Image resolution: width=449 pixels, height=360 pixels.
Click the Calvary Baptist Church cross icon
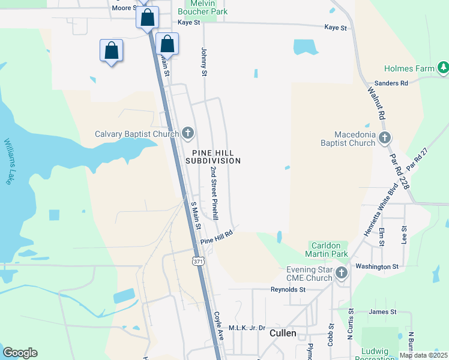pos(188,133)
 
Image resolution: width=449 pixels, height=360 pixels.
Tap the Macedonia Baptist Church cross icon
pos(385,138)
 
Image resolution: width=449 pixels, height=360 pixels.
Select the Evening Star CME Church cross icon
pos(342,274)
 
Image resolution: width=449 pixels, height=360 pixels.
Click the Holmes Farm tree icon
pos(443,68)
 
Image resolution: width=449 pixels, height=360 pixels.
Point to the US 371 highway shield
pos(199,262)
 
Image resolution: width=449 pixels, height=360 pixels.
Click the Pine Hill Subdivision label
pos(213,156)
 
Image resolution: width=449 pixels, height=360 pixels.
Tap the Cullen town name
pos(283,333)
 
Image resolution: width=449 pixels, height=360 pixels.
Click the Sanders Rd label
pos(391,83)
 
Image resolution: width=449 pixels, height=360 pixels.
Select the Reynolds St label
pos(288,289)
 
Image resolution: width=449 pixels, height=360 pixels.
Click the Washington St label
pos(377,266)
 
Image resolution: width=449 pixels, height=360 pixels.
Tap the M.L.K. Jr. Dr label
pos(247,328)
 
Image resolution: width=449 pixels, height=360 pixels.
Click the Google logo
pos(20,353)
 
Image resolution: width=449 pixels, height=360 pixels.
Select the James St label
pos(382,311)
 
